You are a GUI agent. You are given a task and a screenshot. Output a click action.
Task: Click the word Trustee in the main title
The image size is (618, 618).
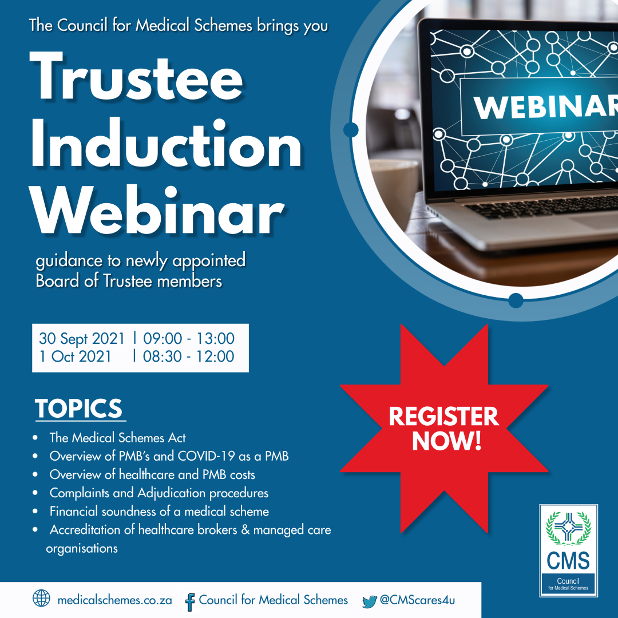pyautogui.click(x=136, y=77)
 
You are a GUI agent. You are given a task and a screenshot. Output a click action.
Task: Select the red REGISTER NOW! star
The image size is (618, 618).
pyautogui.click(x=444, y=429)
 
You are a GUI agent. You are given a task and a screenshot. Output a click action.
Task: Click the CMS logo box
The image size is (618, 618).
pyautogui.click(x=568, y=550)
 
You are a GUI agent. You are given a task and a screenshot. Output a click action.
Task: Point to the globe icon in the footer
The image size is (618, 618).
pyautogui.click(x=41, y=599)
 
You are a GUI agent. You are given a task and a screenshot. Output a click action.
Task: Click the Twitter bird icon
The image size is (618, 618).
pyautogui.click(x=369, y=601)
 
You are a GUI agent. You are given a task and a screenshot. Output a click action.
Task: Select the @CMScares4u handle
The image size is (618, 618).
pyautogui.click(x=417, y=600)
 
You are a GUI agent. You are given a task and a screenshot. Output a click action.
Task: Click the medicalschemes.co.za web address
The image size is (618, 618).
pyautogui.click(x=114, y=600)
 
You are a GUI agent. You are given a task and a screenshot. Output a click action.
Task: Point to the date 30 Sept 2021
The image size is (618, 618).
pyautogui.click(x=82, y=339)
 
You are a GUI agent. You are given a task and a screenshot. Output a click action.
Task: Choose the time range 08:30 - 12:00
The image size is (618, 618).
pyautogui.click(x=188, y=356)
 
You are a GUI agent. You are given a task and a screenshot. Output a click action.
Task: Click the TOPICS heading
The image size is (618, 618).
pyautogui.click(x=79, y=408)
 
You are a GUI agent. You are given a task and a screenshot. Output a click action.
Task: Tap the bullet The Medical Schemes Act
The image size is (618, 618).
pyautogui.click(x=117, y=438)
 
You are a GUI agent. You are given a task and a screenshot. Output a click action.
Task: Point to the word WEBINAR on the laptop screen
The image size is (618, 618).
pyautogui.click(x=545, y=106)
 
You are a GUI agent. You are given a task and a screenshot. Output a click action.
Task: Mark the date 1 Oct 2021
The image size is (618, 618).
pyautogui.click(x=76, y=356)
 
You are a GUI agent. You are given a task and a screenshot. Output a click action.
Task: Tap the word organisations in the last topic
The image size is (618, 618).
pyautogui.click(x=82, y=549)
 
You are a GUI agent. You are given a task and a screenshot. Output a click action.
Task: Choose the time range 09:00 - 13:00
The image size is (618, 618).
pyautogui.click(x=189, y=339)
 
